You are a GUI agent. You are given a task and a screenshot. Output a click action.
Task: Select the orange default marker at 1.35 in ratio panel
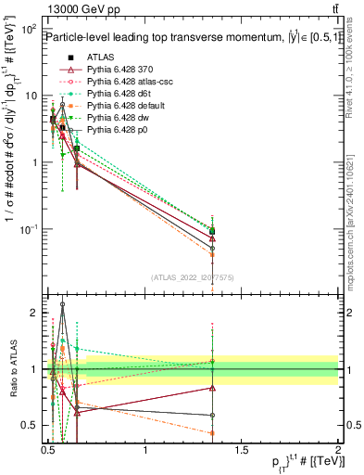[x=213, y=433]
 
